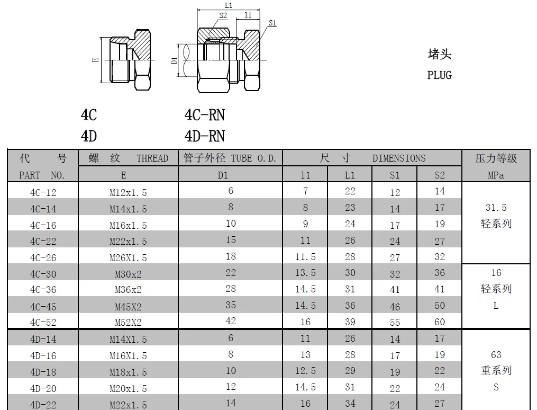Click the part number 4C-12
click(x=43, y=192)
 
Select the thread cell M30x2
click(x=128, y=274)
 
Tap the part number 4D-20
click(x=43, y=388)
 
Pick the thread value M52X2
click(x=128, y=322)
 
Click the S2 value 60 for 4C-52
click(x=440, y=322)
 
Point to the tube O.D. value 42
click(x=230, y=321)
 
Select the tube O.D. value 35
click(x=230, y=305)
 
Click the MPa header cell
click(x=496, y=174)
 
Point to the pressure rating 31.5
click(x=496, y=208)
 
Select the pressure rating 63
click(x=496, y=354)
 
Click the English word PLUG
click(x=439, y=75)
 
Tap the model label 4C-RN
click(x=204, y=115)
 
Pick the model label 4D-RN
click(x=204, y=136)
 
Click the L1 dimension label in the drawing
click(x=228, y=5)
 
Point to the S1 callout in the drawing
click(x=272, y=23)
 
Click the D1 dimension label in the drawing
click(x=174, y=60)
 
